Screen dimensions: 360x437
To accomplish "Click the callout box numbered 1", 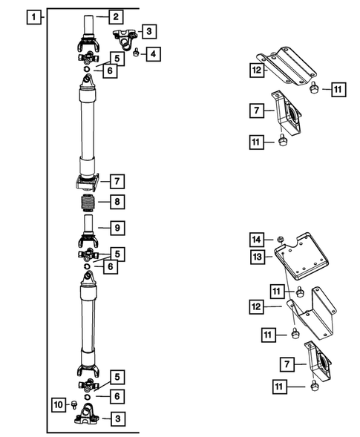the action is pyautogui.click(x=33, y=17).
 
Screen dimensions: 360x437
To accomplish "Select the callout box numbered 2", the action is pyautogui.click(x=116, y=17).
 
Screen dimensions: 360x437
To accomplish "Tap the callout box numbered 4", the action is pyautogui.click(x=153, y=53).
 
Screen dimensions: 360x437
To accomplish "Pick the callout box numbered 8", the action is pyautogui.click(x=117, y=202).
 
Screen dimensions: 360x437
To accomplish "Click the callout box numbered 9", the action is pyautogui.click(x=117, y=228).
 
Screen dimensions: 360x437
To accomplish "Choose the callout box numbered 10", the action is pyautogui.click(x=59, y=404).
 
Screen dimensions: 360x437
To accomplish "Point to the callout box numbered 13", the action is pyautogui.click(x=258, y=257).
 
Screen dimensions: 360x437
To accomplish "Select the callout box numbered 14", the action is pyautogui.click(x=257, y=240).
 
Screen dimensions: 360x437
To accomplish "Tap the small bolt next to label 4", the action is pyautogui.click(x=137, y=52).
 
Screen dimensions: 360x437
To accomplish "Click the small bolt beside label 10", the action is pyautogui.click(x=74, y=404).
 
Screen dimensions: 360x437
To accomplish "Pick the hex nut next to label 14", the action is pyautogui.click(x=281, y=240).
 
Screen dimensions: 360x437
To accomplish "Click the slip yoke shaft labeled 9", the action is pyautogui.click(x=88, y=231).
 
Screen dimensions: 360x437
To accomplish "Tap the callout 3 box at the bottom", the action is pyautogui.click(x=118, y=418).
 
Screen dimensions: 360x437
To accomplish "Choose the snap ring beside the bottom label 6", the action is pyautogui.click(x=88, y=397).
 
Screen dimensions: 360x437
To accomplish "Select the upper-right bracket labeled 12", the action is pyautogui.click(x=287, y=66).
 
